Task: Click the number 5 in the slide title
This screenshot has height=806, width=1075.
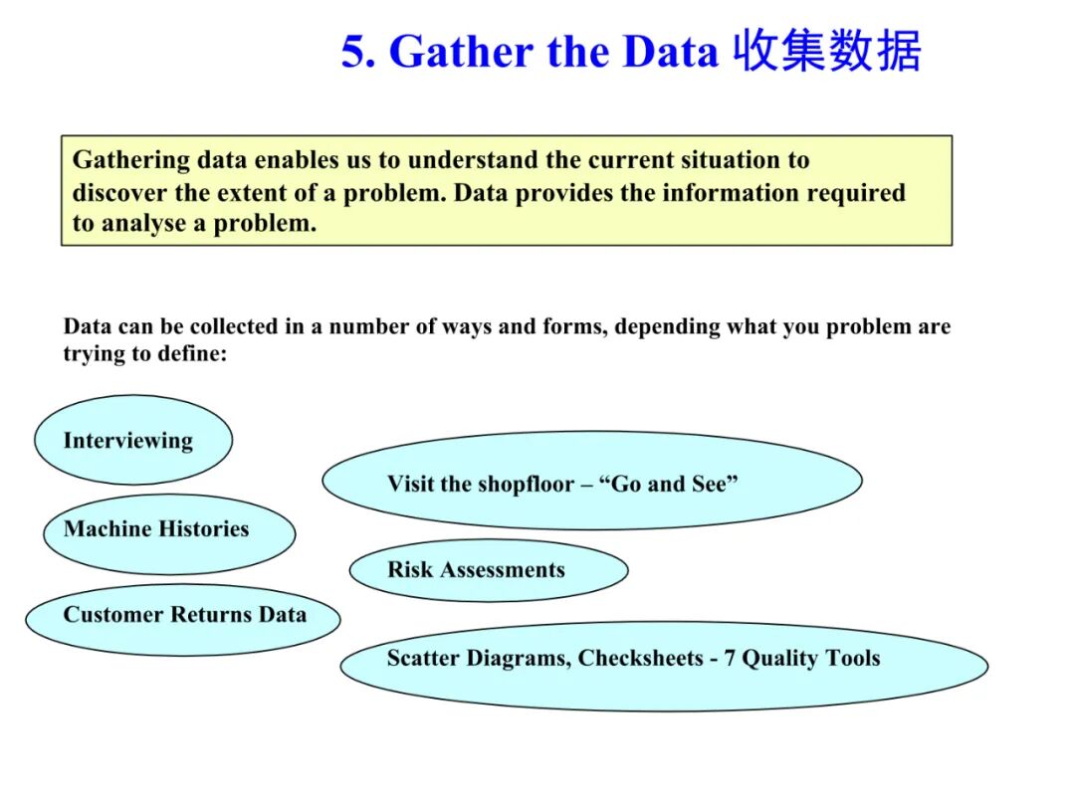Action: [x=355, y=52]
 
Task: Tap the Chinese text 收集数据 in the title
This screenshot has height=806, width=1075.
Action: [x=827, y=51]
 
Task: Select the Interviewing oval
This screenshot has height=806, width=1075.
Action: [x=132, y=441]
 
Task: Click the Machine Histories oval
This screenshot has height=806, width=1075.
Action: [x=169, y=533]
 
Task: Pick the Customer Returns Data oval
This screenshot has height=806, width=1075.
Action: [x=183, y=619]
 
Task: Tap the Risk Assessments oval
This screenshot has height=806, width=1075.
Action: [x=488, y=570]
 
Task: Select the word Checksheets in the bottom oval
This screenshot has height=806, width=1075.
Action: [x=640, y=659]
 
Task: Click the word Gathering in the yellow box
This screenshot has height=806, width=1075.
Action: [x=130, y=160]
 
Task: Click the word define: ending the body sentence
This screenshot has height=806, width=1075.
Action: [x=193, y=354]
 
